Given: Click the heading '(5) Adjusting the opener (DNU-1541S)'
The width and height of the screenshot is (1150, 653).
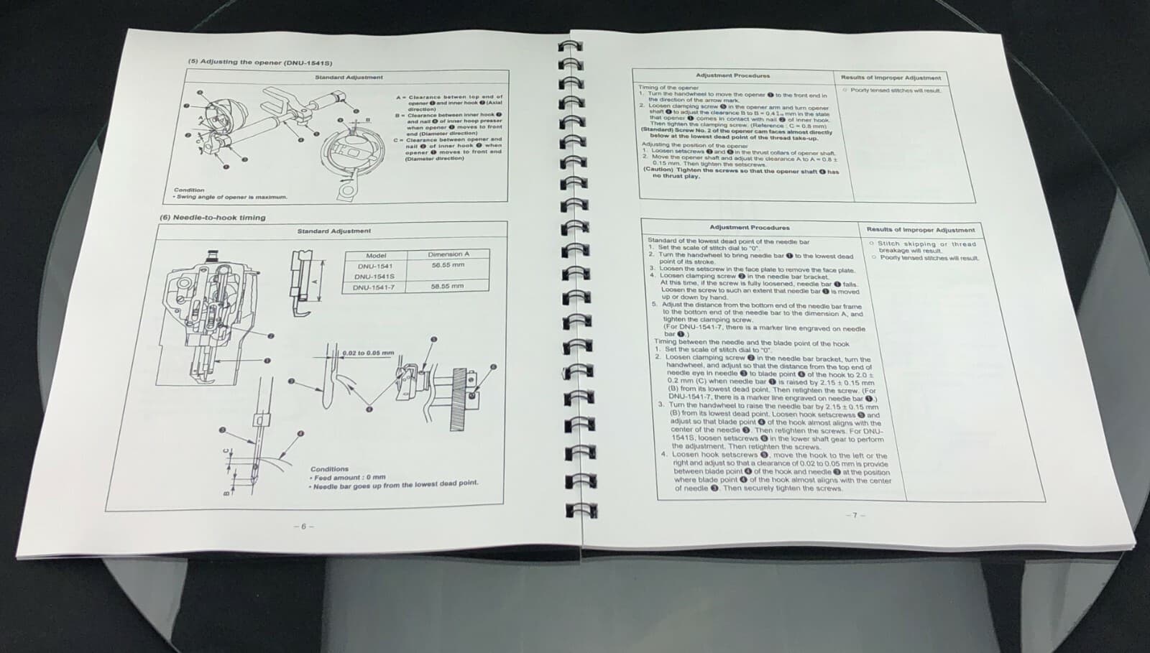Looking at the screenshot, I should click(x=259, y=62).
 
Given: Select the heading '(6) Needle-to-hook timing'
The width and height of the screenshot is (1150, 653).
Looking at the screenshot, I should click(x=212, y=218).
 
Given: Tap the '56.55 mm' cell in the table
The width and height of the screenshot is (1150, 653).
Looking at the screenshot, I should click(x=447, y=265).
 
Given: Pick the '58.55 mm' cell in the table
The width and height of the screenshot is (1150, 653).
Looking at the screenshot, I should click(x=447, y=286).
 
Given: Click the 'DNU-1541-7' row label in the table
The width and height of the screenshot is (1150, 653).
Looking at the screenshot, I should click(x=374, y=287).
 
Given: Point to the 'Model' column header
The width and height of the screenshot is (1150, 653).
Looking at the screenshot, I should click(x=376, y=255).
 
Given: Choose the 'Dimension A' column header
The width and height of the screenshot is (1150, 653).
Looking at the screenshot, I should click(x=448, y=254).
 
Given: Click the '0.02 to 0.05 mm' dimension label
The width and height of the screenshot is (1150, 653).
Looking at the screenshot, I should click(x=368, y=353).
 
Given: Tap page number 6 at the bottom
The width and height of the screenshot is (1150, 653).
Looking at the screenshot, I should click(x=303, y=527).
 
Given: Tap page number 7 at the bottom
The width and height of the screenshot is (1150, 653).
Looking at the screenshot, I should click(x=855, y=515).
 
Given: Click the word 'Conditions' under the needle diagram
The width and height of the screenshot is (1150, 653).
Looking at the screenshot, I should click(x=329, y=468).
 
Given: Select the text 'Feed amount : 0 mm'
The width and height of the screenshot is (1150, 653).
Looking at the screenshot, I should click(x=349, y=477).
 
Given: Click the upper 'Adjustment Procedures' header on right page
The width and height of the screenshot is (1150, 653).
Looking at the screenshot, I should click(x=732, y=75).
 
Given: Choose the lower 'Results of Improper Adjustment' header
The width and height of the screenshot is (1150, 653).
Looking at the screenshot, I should click(x=920, y=230).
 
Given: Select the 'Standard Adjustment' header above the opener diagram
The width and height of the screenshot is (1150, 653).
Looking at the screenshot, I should click(x=349, y=77).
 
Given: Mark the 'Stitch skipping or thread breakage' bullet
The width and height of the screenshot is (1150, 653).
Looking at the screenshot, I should click(x=925, y=246).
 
